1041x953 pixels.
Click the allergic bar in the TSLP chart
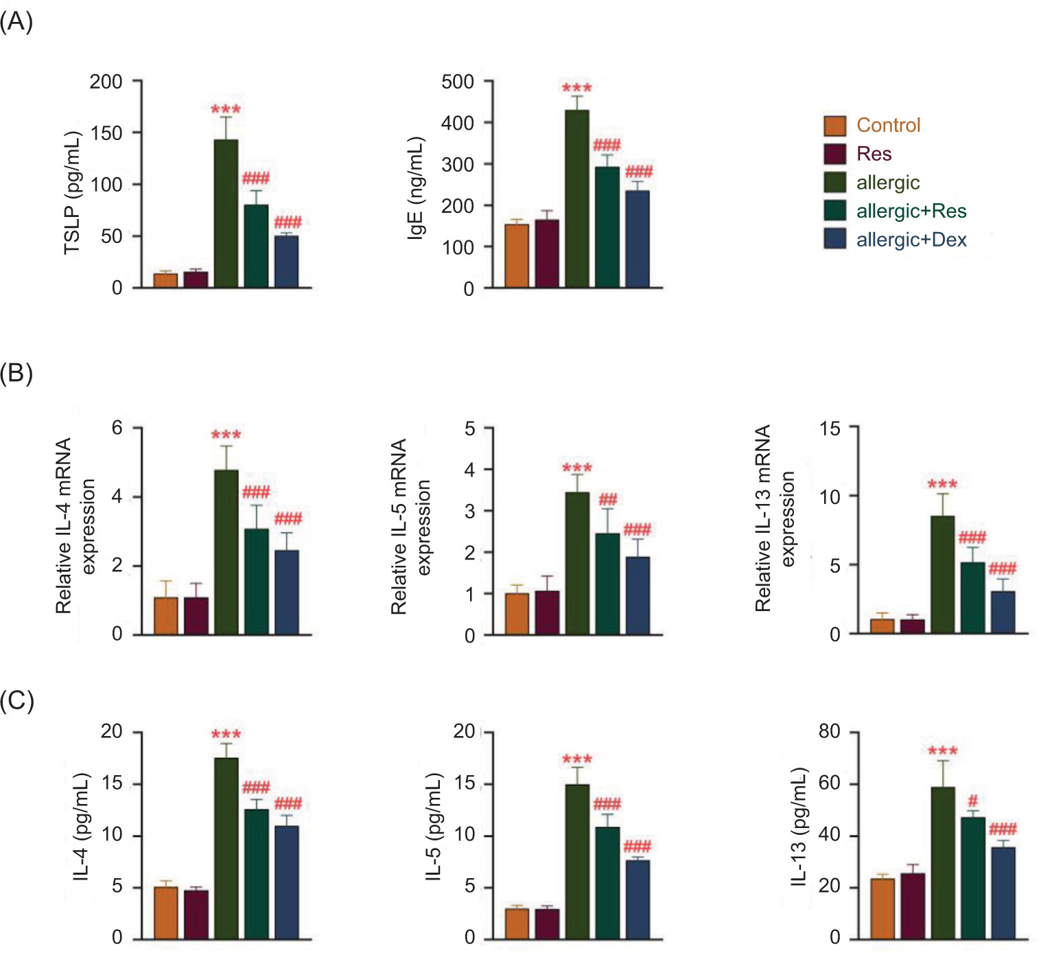[226, 214]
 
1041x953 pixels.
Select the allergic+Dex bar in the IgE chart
[638, 239]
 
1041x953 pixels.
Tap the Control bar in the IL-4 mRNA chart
[165, 616]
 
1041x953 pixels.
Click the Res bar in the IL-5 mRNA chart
[547, 612]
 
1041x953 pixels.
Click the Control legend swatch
[834, 126]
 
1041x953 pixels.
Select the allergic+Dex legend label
[911, 240]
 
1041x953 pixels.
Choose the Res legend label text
[874, 154]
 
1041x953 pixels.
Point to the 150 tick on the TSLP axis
[106, 133]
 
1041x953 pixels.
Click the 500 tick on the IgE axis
[458, 82]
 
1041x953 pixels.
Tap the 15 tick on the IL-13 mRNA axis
[830, 428]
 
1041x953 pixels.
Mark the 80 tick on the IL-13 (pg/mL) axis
[830, 731]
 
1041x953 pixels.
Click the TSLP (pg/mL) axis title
[72, 193]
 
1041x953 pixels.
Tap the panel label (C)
[16, 701]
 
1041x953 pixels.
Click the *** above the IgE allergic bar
[576, 89]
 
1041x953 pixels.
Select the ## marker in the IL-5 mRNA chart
[607, 499]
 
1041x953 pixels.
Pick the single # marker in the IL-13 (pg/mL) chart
[972, 801]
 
